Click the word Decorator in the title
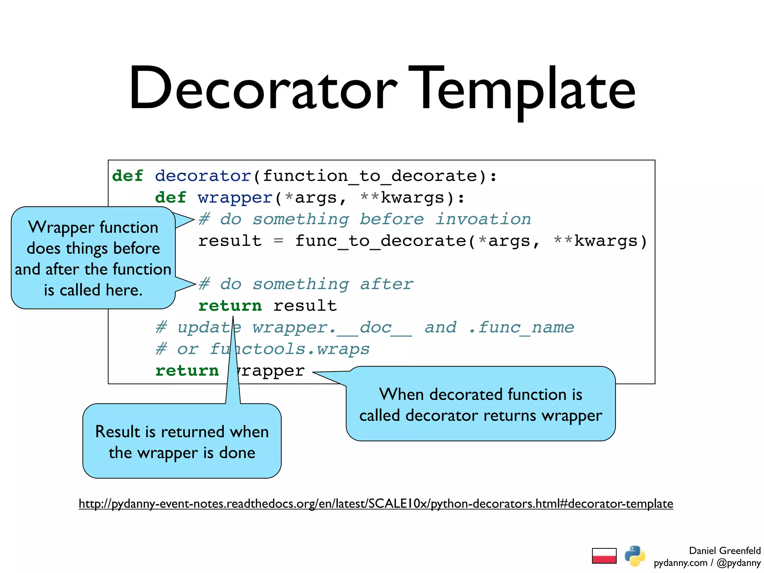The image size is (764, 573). tap(263, 90)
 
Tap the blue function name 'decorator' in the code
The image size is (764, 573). tap(203, 176)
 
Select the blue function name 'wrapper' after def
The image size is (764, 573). tap(235, 198)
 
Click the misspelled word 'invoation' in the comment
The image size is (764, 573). tap(483, 219)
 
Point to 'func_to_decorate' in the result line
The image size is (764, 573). tap(381, 241)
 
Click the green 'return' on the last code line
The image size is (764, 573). tap(187, 371)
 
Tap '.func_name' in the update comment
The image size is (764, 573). tap(521, 328)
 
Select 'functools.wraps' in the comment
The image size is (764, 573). tap(289, 349)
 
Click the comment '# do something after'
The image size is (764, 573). tap(306, 284)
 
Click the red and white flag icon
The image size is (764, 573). tap(604, 556)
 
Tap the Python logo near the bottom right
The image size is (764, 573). tap(635, 556)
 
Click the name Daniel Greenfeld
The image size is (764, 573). tap(724, 551)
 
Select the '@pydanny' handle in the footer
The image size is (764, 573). tap(738, 563)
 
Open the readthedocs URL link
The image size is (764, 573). tap(376, 504)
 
